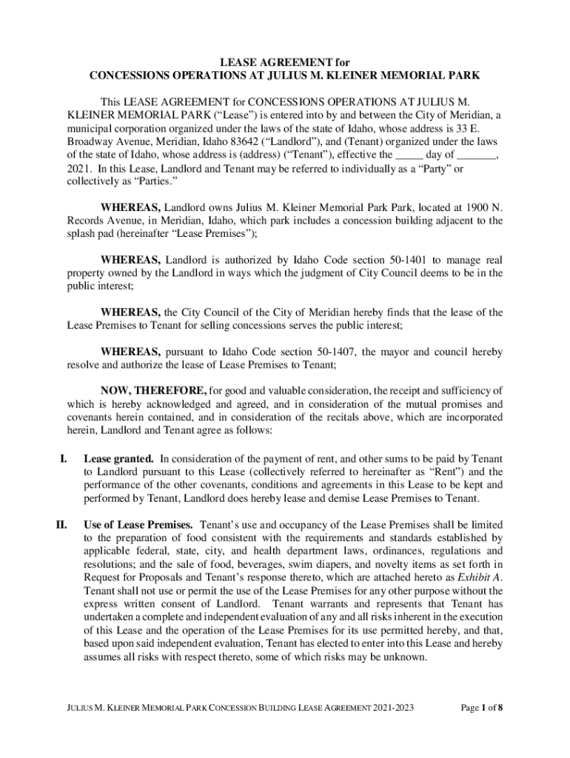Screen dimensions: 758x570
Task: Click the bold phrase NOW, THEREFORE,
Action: click(x=154, y=389)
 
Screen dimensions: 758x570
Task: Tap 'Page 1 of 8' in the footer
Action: click(x=481, y=708)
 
